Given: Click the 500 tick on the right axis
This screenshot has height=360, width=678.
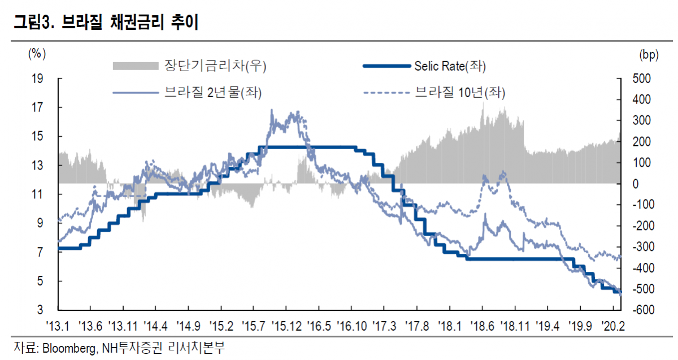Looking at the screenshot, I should (642, 79).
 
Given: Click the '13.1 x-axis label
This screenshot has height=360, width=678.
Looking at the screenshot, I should (58, 326).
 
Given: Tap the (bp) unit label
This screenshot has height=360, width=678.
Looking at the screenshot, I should (648, 54).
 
